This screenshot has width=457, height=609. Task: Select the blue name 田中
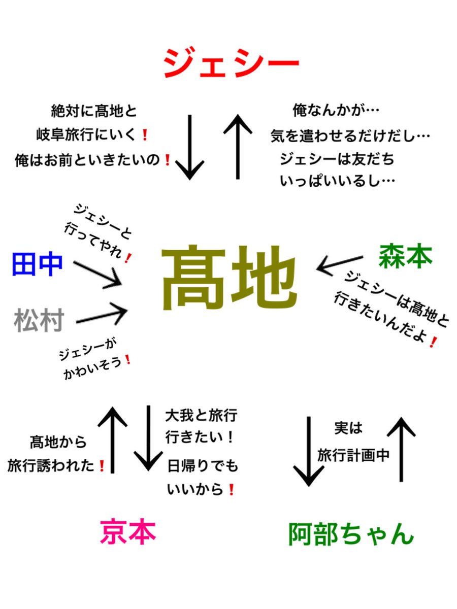[37, 265]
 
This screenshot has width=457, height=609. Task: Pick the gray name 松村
[39, 321]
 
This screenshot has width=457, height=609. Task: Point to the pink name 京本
[128, 532]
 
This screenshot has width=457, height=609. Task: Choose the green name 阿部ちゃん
[351, 534]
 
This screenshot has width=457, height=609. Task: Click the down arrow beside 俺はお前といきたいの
[189, 147]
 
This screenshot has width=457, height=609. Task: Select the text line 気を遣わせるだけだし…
[350, 136]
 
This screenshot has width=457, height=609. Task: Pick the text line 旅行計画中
[353, 456]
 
